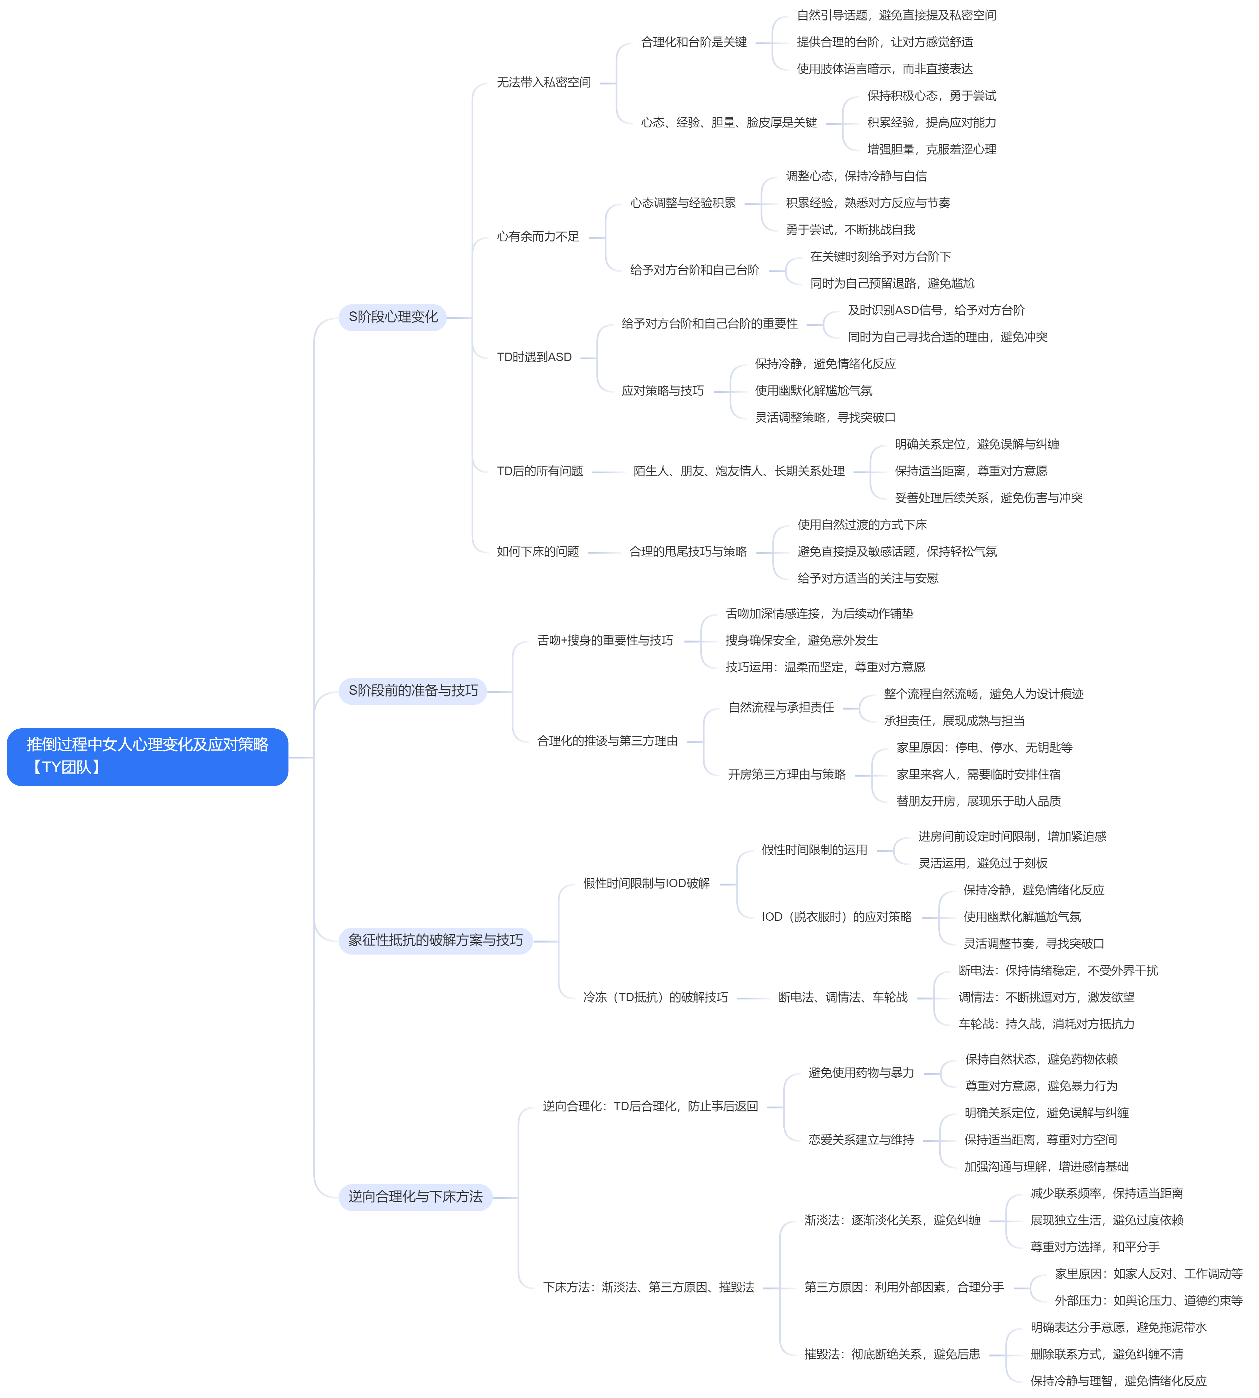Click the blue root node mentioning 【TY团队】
[x=147, y=757]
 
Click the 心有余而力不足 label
[x=538, y=237]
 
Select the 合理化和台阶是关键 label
[x=694, y=42]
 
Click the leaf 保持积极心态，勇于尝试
[x=932, y=96]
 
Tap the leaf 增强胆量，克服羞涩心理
[x=932, y=149]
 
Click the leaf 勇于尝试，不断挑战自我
[x=850, y=230]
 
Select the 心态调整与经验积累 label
[x=683, y=203]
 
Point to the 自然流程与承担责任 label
[x=781, y=707]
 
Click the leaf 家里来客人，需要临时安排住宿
[x=978, y=774]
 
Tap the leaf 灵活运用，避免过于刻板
[x=983, y=863]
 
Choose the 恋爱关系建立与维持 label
[x=861, y=1139]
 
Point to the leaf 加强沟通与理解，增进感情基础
[x=1046, y=1166]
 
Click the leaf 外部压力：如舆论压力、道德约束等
[x=1148, y=1300]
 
